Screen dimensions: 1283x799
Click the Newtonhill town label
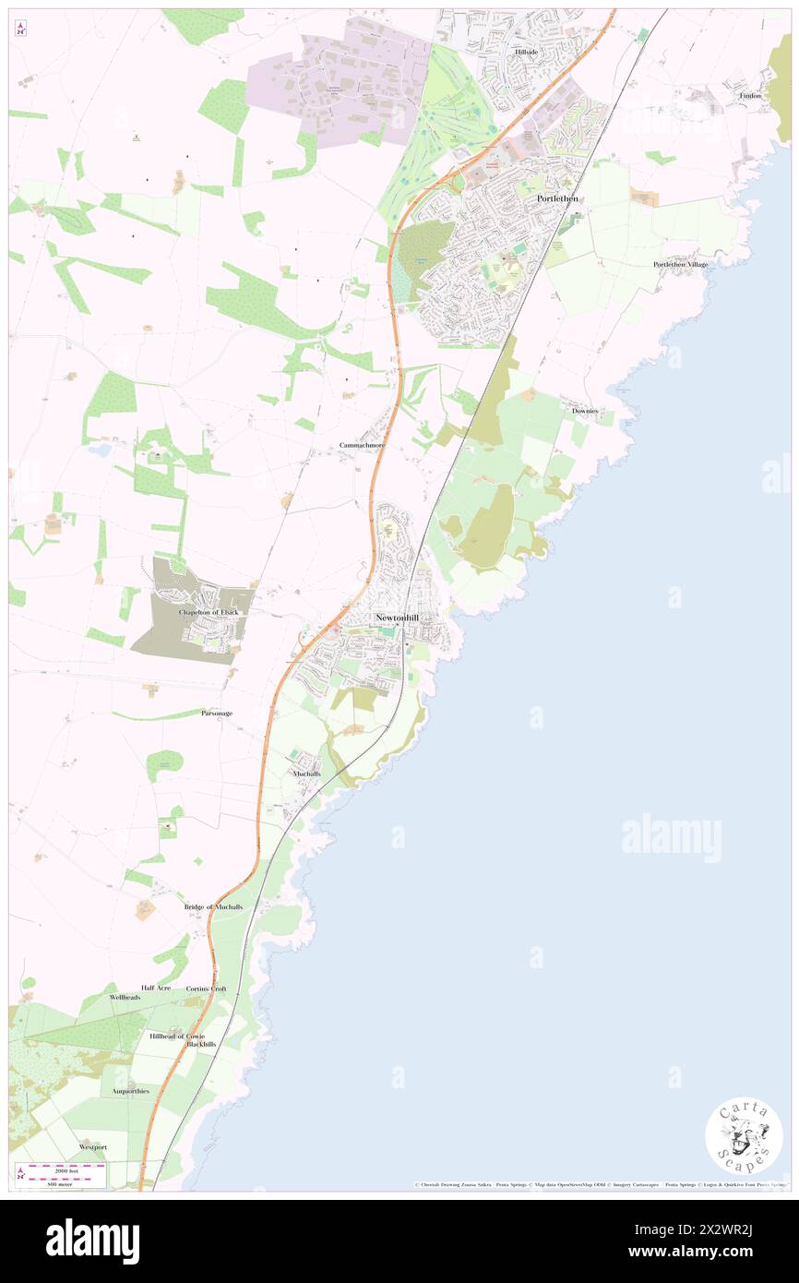click(x=401, y=618)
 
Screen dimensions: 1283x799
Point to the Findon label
click(x=749, y=96)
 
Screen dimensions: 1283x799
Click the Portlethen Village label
click(x=681, y=264)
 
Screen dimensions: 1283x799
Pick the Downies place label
click(x=585, y=410)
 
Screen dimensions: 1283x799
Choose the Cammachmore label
click(x=362, y=445)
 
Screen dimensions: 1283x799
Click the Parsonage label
click(x=217, y=713)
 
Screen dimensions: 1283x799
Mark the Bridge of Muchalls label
click(x=213, y=907)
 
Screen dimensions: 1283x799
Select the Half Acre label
click(x=156, y=988)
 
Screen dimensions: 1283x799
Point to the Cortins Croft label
click(x=206, y=989)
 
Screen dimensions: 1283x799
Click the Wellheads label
click(x=125, y=998)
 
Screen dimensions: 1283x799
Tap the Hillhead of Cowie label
click(x=177, y=1036)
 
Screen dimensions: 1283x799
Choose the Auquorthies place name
click(x=130, y=1090)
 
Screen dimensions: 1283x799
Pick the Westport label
click(x=93, y=1146)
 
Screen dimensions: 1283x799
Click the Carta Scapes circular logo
click(x=744, y=1135)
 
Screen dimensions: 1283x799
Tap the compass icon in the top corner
click(x=20, y=29)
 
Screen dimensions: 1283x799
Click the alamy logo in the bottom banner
click(x=93, y=1241)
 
